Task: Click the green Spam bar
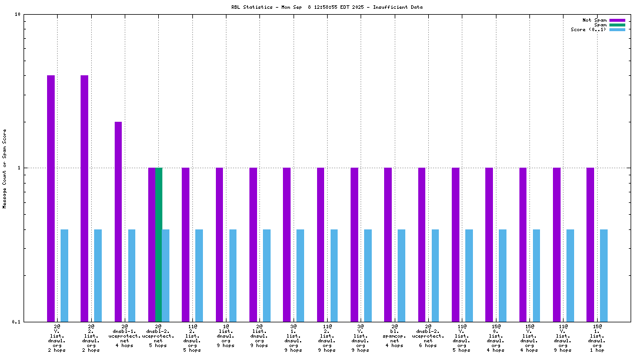point(158,244)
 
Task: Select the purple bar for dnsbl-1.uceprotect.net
point(118,221)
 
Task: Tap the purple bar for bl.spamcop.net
point(388,244)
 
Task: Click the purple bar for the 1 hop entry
point(590,244)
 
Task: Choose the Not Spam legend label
point(594,20)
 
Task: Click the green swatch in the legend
point(617,25)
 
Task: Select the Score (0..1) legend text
point(588,29)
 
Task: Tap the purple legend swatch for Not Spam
point(617,20)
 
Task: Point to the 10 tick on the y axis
point(18,15)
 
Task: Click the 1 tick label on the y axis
point(19,168)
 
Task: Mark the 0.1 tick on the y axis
point(16,322)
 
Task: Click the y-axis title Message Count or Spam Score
point(5,168)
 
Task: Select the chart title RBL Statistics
point(251,7)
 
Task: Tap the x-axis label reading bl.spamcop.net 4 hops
point(395,335)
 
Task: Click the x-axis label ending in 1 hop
point(597,338)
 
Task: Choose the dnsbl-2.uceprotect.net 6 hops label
point(428,335)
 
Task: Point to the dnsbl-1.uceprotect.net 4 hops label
point(125,335)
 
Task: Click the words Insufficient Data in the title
point(398,7)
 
